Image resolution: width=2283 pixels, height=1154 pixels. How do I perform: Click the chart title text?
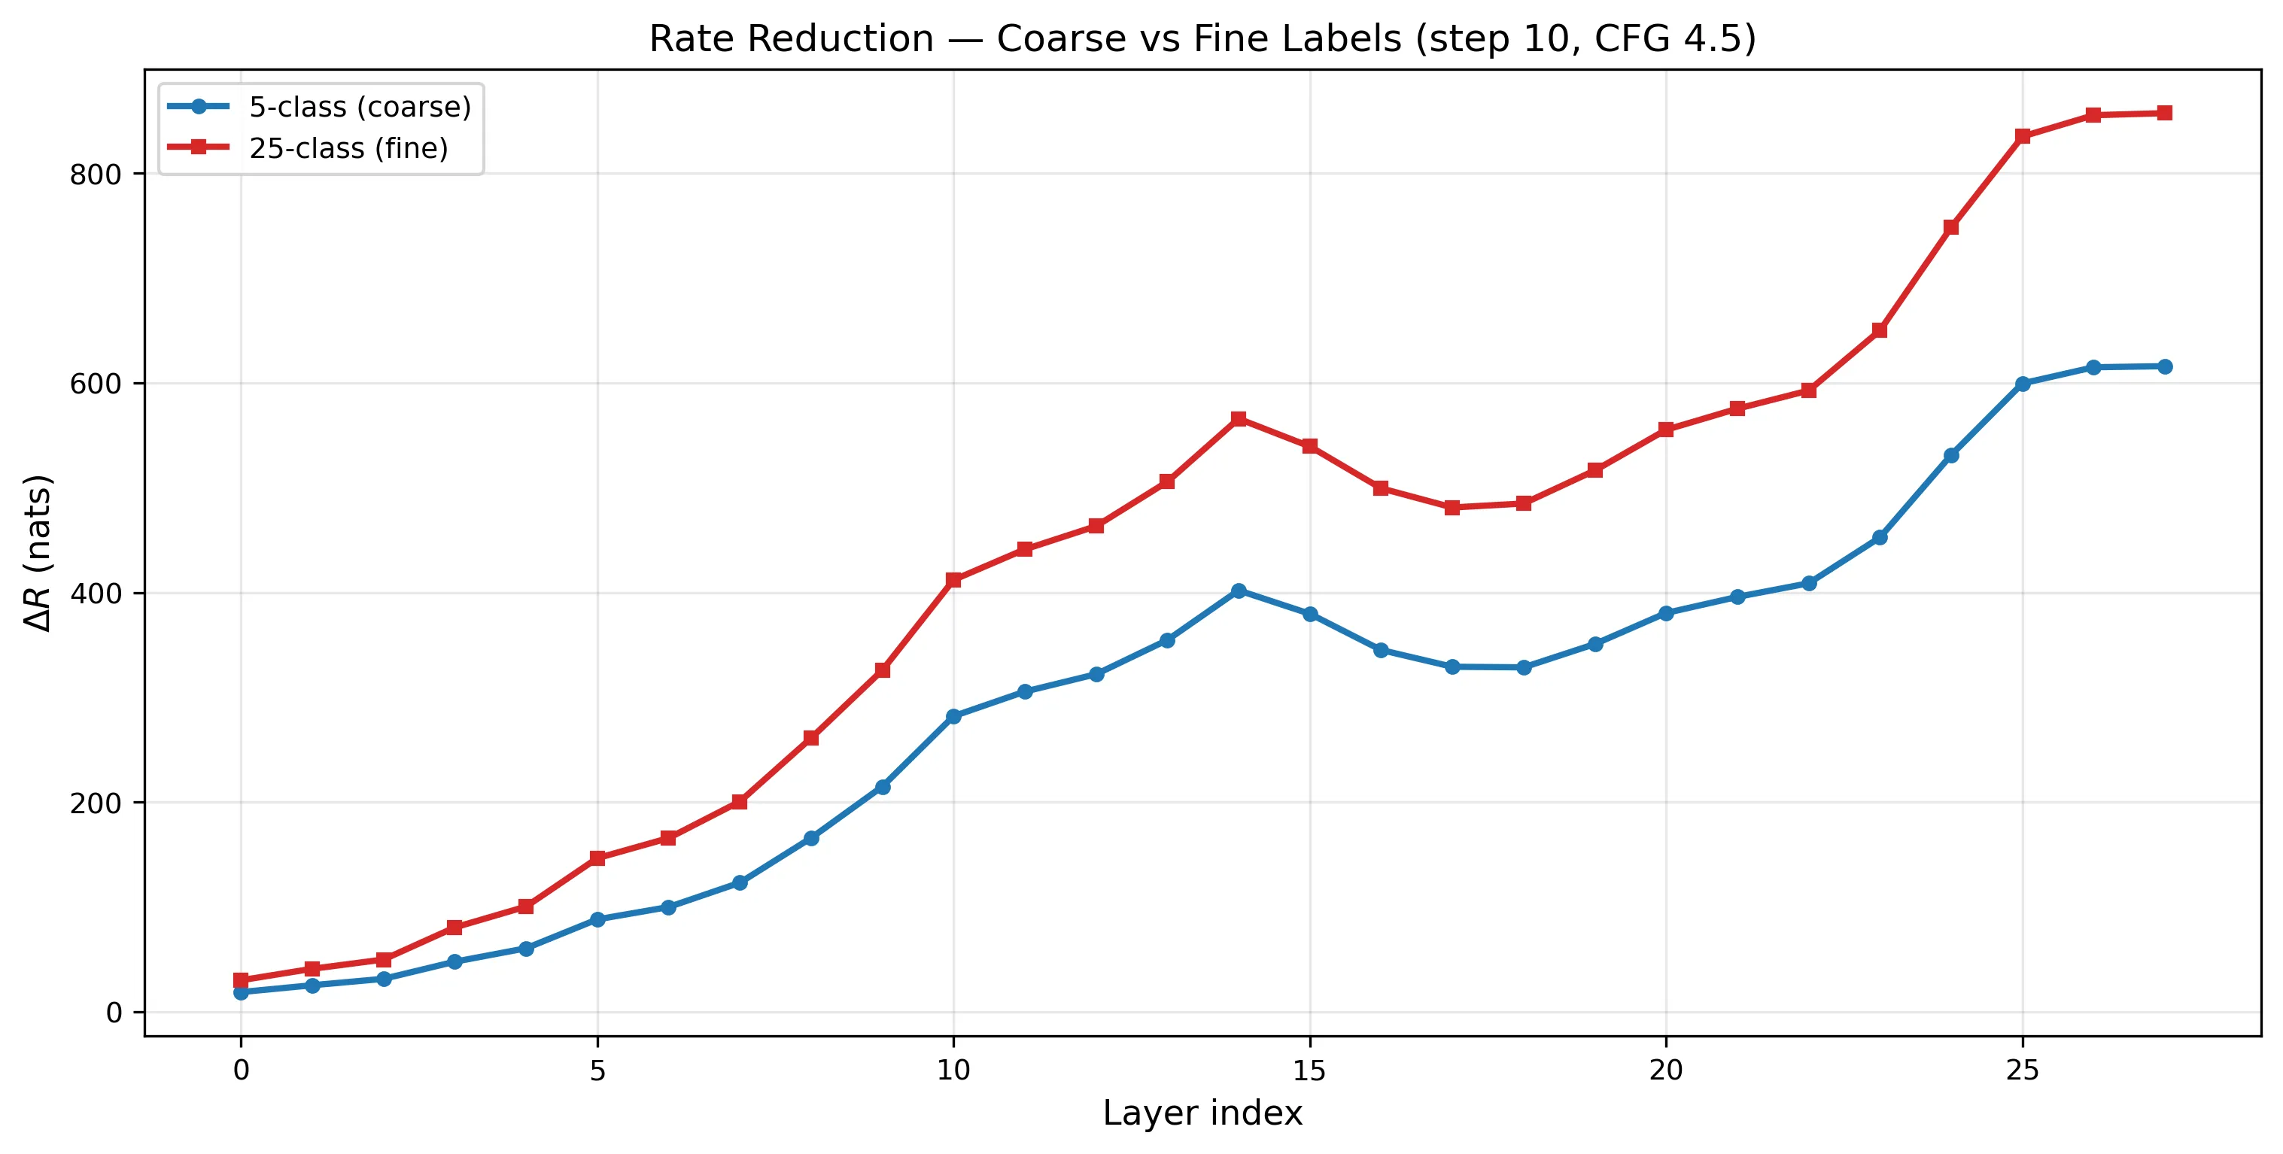[1202, 39]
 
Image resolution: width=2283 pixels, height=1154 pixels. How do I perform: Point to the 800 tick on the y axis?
[95, 175]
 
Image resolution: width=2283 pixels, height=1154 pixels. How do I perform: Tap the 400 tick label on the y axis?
[95, 594]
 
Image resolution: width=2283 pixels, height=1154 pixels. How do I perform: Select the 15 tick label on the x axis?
[1309, 1070]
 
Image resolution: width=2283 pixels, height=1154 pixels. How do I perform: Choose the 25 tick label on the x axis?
[2022, 1070]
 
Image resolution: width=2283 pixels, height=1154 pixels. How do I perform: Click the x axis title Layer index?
[1202, 1113]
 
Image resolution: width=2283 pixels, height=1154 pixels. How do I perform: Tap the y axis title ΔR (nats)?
[39, 553]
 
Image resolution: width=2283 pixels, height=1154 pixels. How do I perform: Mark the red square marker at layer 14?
[1238, 419]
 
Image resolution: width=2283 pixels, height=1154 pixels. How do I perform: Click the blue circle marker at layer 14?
[1238, 591]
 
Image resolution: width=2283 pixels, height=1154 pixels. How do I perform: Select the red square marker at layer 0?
[241, 980]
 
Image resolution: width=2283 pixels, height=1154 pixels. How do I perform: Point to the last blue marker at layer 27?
[2164, 367]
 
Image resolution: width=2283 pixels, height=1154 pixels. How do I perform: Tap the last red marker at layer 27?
[2164, 114]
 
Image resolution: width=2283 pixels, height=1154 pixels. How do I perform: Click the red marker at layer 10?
[953, 581]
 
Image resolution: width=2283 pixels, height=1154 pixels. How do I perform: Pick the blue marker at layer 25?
[2023, 384]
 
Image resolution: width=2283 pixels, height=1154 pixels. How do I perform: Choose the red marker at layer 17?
[1452, 508]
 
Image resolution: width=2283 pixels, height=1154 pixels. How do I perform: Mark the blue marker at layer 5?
[597, 920]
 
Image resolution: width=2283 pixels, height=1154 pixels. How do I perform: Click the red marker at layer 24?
[1950, 228]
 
